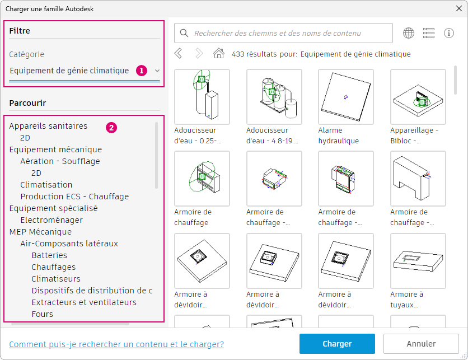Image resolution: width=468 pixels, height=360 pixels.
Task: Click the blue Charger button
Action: click(x=337, y=344)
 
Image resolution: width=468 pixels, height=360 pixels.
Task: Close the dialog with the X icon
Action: click(x=459, y=8)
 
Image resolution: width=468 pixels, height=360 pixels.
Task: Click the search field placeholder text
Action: click(x=278, y=33)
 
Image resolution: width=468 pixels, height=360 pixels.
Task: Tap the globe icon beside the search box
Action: click(x=409, y=33)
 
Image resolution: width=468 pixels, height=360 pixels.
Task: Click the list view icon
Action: click(x=429, y=33)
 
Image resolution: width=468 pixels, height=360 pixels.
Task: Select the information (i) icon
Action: click(x=449, y=33)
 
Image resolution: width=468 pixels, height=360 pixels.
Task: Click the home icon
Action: click(x=219, y=53)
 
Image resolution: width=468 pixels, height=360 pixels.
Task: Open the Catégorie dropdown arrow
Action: click(x=157, y=71)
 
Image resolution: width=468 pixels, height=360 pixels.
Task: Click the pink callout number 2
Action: click(x=111, y=128)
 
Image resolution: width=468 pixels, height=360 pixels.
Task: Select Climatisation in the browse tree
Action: click(x=46, y=185)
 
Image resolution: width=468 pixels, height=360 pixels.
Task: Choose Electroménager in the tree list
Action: click(x=52, y=220)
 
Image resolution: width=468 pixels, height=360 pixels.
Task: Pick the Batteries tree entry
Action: click(x=49, y=255)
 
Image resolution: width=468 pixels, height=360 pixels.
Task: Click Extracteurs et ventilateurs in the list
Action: click(x=84, y=302)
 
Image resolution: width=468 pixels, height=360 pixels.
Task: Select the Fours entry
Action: click(x=43, y=314)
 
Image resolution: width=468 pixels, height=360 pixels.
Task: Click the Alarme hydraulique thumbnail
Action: click(x=346, y=97)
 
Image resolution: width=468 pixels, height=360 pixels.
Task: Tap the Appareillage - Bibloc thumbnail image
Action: click(x=418, y=97)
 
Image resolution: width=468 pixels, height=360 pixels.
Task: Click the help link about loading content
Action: click(x=116, y=344)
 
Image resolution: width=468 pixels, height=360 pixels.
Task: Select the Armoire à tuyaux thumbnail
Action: click(x=418, y=261)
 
